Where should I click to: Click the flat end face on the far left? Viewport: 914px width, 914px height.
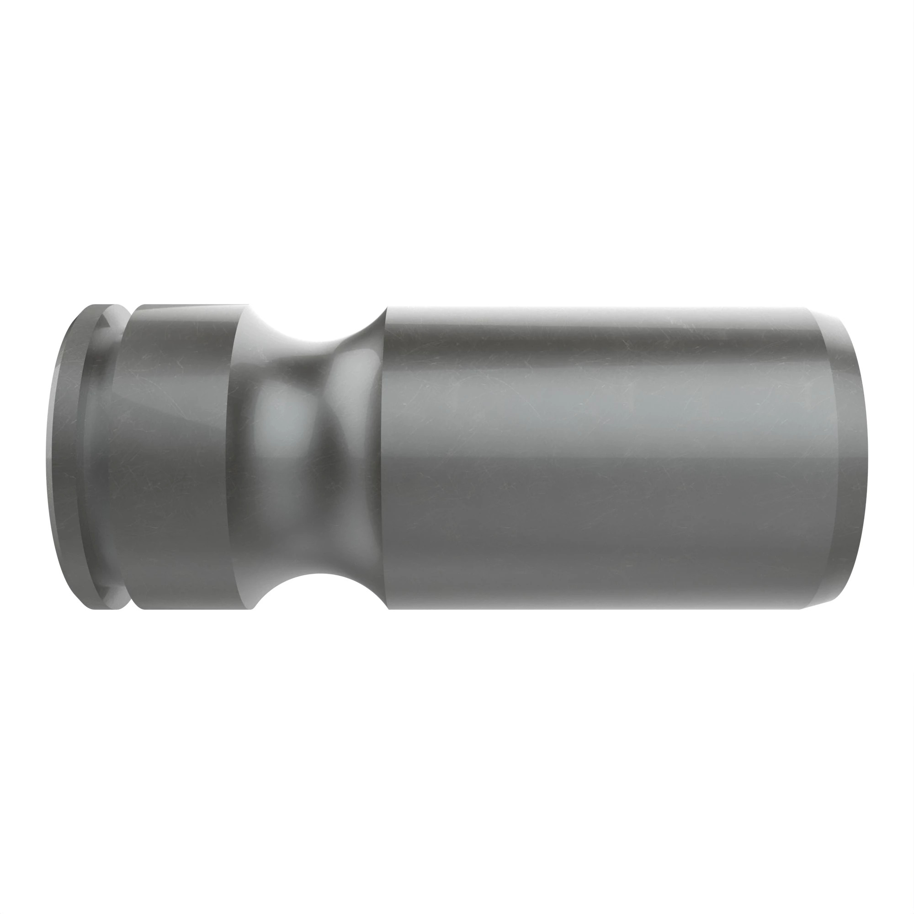[x=64, y=457]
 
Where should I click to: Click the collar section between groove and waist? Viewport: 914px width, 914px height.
[x=175, y=457]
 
